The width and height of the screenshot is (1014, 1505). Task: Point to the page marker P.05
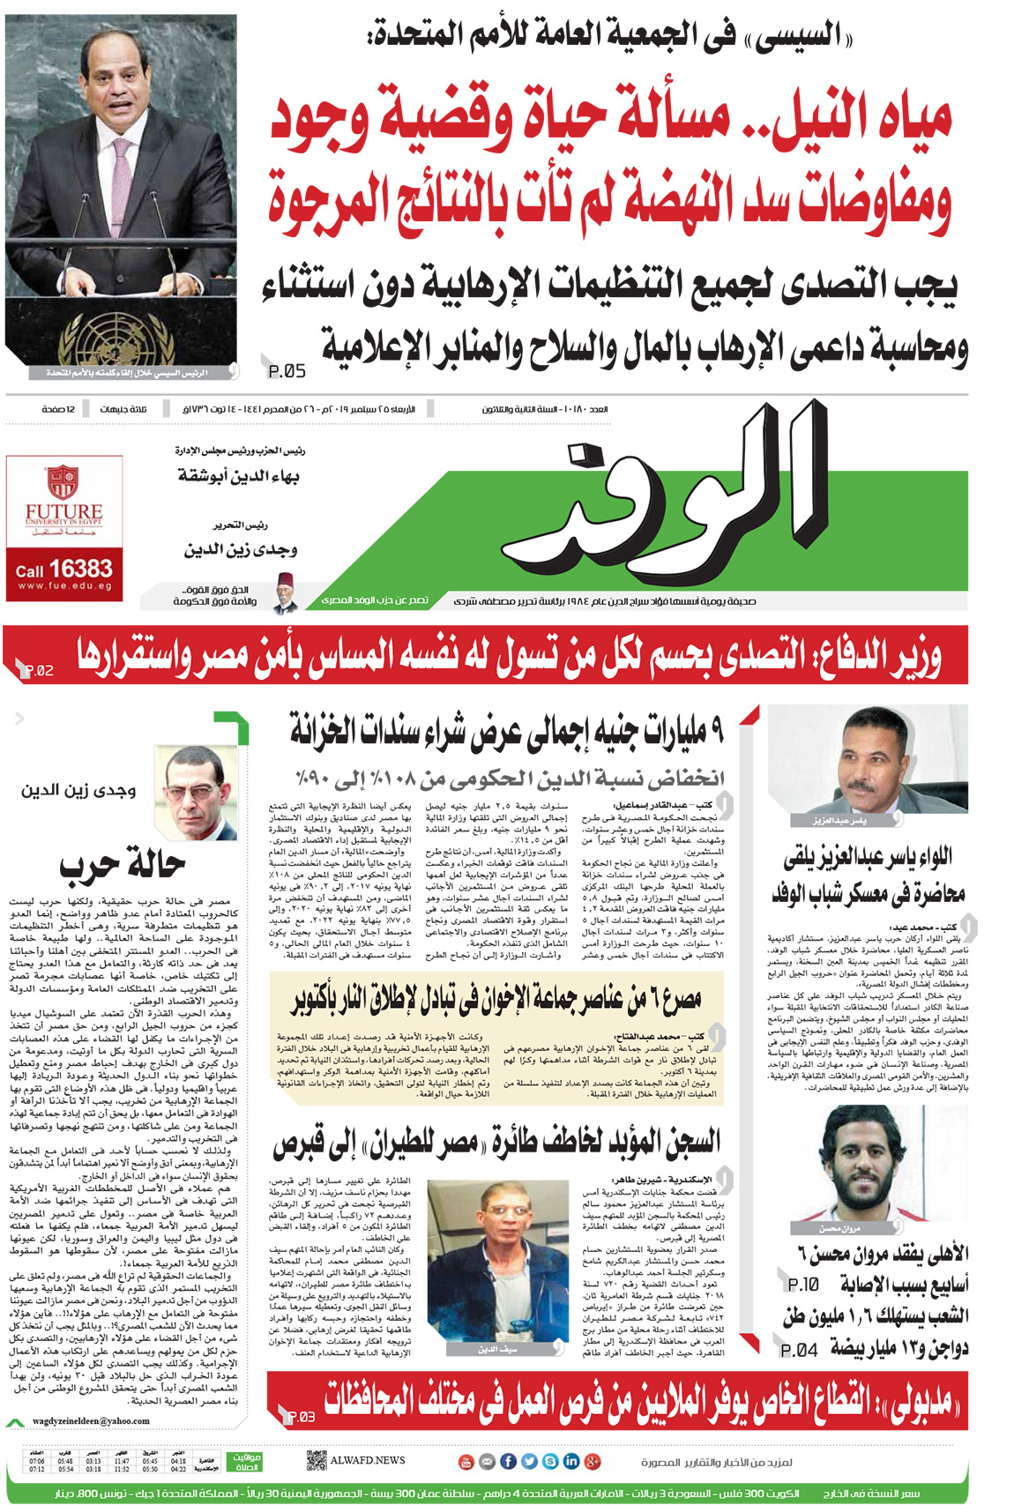click(x=287, y=371)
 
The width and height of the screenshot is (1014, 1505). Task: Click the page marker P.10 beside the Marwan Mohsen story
click(x=803, y=1285)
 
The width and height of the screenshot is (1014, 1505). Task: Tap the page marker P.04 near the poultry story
click(x=799, y=1350)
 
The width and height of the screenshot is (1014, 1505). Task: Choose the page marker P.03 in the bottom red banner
click(x=301, y=1417)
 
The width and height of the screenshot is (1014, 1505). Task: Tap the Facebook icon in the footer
click(x=508, y=1461)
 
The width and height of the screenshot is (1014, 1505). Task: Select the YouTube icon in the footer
click(x=466, y=1461)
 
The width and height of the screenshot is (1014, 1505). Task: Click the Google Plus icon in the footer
click(x=593, y=1461)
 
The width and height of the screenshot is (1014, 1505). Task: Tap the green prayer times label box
click(x=245, y=1462)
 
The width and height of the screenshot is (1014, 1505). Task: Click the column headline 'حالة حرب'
click(x=123, y=864)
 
